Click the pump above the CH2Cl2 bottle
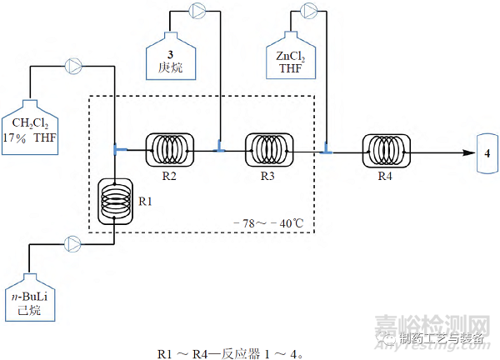point(73,67)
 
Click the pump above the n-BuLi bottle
point(72,244)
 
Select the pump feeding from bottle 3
point(197,11)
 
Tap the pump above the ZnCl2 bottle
point(308,11)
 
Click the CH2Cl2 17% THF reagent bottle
point(30,127)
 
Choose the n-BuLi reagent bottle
point(30,297)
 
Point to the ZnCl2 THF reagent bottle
point(291,55)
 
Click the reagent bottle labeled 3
point(171,56)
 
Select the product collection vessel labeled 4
point(487,153)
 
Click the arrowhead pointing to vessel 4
point(469,152)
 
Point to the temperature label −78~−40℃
point(268,223)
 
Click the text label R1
point(145,202)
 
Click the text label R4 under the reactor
point(385,176)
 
